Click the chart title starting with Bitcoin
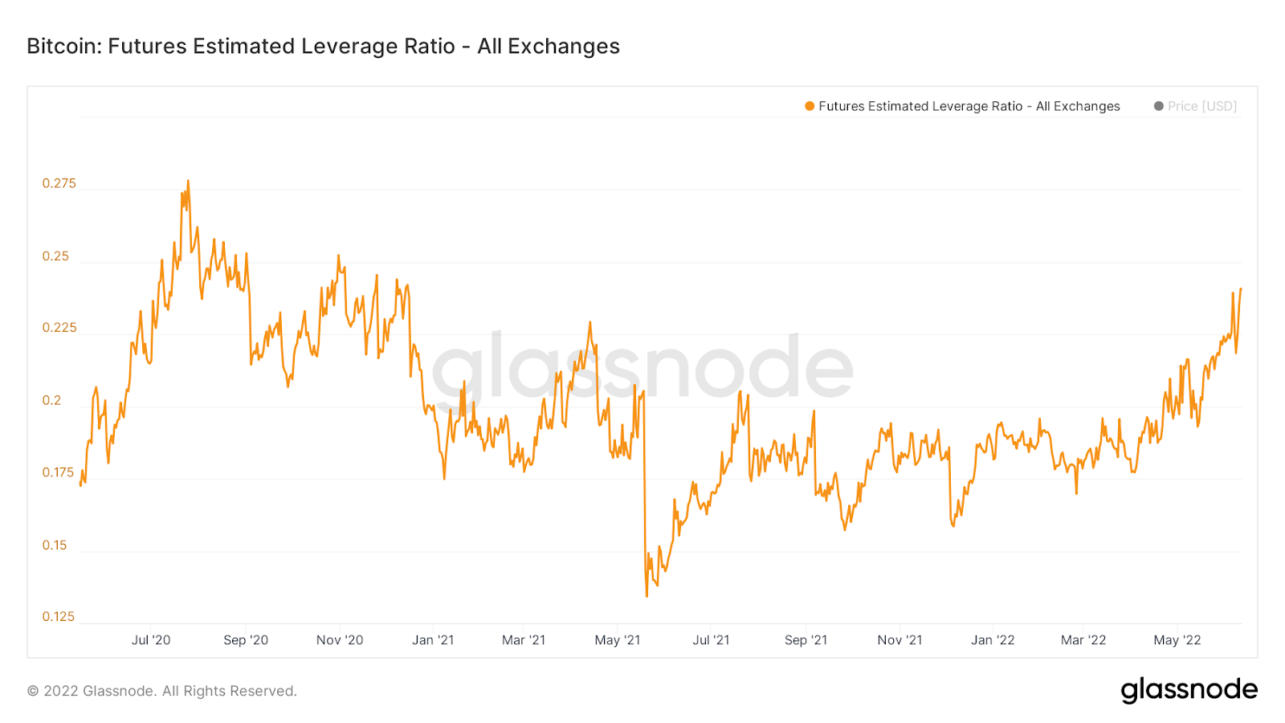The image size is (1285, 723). [x=323, y=47]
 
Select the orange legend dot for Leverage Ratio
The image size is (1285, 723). [x=810, y=106]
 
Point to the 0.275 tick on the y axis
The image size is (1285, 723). [x=59, y=183]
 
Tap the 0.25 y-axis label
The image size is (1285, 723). [x=56, y=256]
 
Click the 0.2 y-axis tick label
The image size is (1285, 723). [x=51, y=400]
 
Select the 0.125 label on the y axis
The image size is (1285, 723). [x=59, y=616]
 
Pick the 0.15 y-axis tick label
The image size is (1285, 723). [x=55, y=545]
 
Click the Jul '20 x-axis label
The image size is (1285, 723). [x=151, y=639]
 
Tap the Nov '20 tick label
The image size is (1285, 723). [x=340, y=639]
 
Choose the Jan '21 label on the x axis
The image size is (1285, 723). [x=433, y=639]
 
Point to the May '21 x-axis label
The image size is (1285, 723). [x=618, y=639]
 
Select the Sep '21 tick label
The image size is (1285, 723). [x=806, y=639]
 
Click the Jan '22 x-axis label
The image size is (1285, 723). [x=993, y=639]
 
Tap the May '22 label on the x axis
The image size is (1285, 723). [x=1177, y=639]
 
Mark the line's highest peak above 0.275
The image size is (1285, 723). [x=188, y=182]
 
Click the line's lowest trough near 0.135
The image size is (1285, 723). [x=647, y=595]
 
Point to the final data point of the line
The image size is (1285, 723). [x=1241, y=288]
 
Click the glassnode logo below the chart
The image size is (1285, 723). [x=1189, y=690]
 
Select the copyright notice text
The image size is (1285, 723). [x=162, y=691]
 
